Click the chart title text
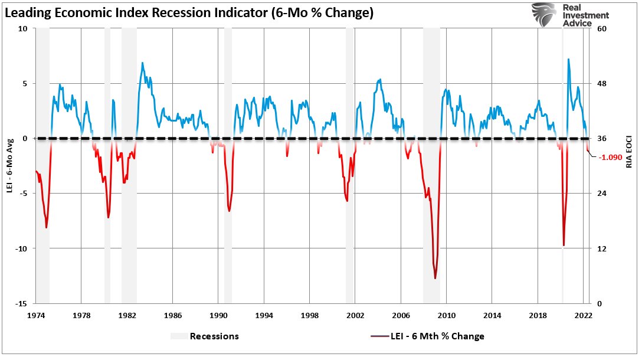click(x=189, y=13)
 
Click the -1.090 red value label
click(x=614, y=158)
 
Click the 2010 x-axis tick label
click(x=447, y=315)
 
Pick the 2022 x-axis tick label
click(x=583, y=315)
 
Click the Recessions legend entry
click(x=214, y=336)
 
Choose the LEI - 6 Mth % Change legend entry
click(x=437, y=336)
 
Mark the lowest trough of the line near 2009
click(x=435, y=278)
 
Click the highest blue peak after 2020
click(x=568, y=59)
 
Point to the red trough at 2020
click(x=564, y=245)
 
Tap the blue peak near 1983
click(x=142, y=63)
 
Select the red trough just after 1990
click(x=229, y=211)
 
